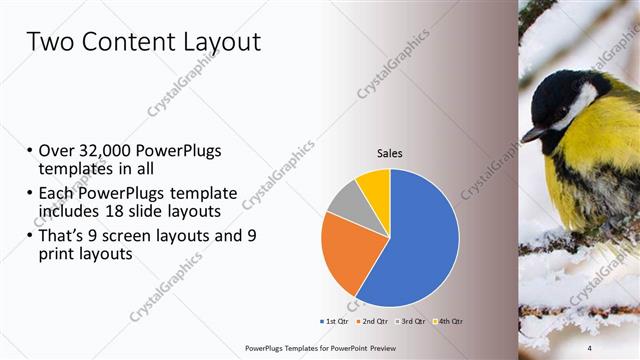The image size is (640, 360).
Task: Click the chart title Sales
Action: click(x=389, y=153)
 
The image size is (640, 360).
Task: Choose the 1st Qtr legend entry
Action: click(x=334, y=322)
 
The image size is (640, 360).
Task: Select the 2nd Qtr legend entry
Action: click(x=374, y=322)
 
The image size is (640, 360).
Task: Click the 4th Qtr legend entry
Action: click(x=449, y=322)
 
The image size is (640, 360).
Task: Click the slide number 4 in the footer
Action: click(x=589, y=347)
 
